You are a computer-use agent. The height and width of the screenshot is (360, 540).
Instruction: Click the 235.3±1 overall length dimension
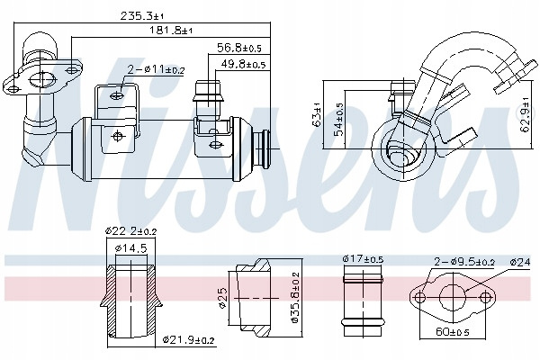(x=142, y=16)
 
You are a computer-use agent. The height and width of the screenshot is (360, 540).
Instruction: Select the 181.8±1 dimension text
(x=170, y=31)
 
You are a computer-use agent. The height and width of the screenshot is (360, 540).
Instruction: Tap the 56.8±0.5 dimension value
(x=239, y=48)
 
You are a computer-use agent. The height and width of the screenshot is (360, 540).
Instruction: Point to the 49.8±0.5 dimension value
(x=244, y=64)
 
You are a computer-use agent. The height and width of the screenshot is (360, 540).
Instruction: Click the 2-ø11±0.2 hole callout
(x=156, y=70)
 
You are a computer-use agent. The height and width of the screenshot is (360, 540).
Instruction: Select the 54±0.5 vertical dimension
(x=339, y=119)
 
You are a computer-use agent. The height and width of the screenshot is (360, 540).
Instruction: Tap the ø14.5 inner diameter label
(x=131, y=248)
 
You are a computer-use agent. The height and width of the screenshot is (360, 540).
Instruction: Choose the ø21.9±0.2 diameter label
(x=189, y=341)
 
